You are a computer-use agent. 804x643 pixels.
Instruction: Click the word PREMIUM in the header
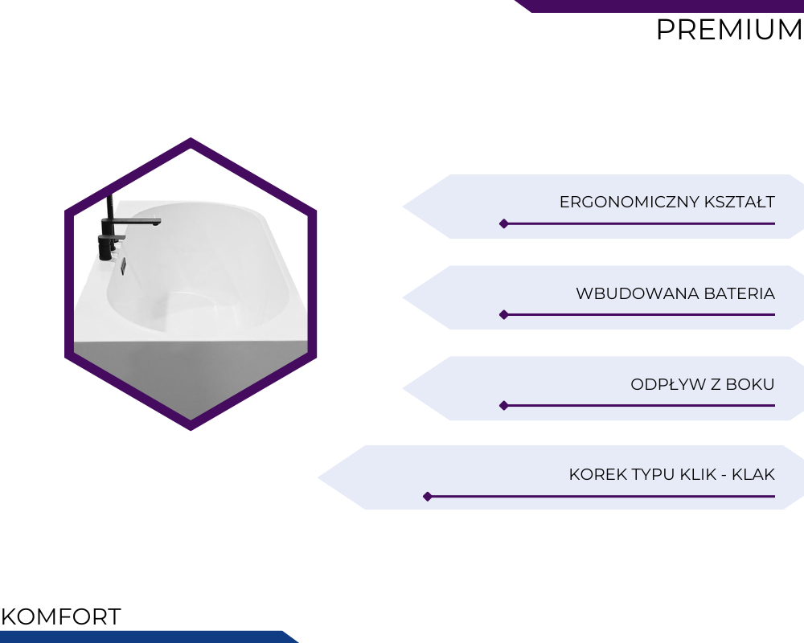[x=729, y=29]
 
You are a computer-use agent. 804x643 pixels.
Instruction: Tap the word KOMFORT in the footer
[x=61, y=616]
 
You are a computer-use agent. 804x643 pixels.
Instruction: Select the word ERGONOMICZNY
[x=630, y=202]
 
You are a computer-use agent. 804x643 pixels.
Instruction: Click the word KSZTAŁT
[x=740, y=202]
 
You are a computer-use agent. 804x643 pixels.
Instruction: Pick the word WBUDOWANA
[x=638, y=293]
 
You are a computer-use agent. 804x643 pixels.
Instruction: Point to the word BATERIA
[x=740, y=293]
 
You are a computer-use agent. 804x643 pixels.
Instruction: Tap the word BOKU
[x=750, y=384]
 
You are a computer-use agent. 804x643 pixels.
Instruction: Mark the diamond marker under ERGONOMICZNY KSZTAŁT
[x=504, y=223]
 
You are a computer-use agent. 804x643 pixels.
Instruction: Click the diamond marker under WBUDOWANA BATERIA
[x=504, y=315]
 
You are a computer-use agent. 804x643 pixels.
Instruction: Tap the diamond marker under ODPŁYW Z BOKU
[x=504, y=406]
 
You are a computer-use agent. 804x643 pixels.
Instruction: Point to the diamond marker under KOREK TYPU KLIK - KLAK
[x=428, y=497]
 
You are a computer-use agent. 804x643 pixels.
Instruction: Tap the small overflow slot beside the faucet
[x=123, y=266]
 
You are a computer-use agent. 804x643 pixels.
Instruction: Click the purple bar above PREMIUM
[x=659, y=6]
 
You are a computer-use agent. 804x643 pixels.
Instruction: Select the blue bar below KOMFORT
[x=149, y=637]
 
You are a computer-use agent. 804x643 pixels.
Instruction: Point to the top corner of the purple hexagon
[x=191, y=138]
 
